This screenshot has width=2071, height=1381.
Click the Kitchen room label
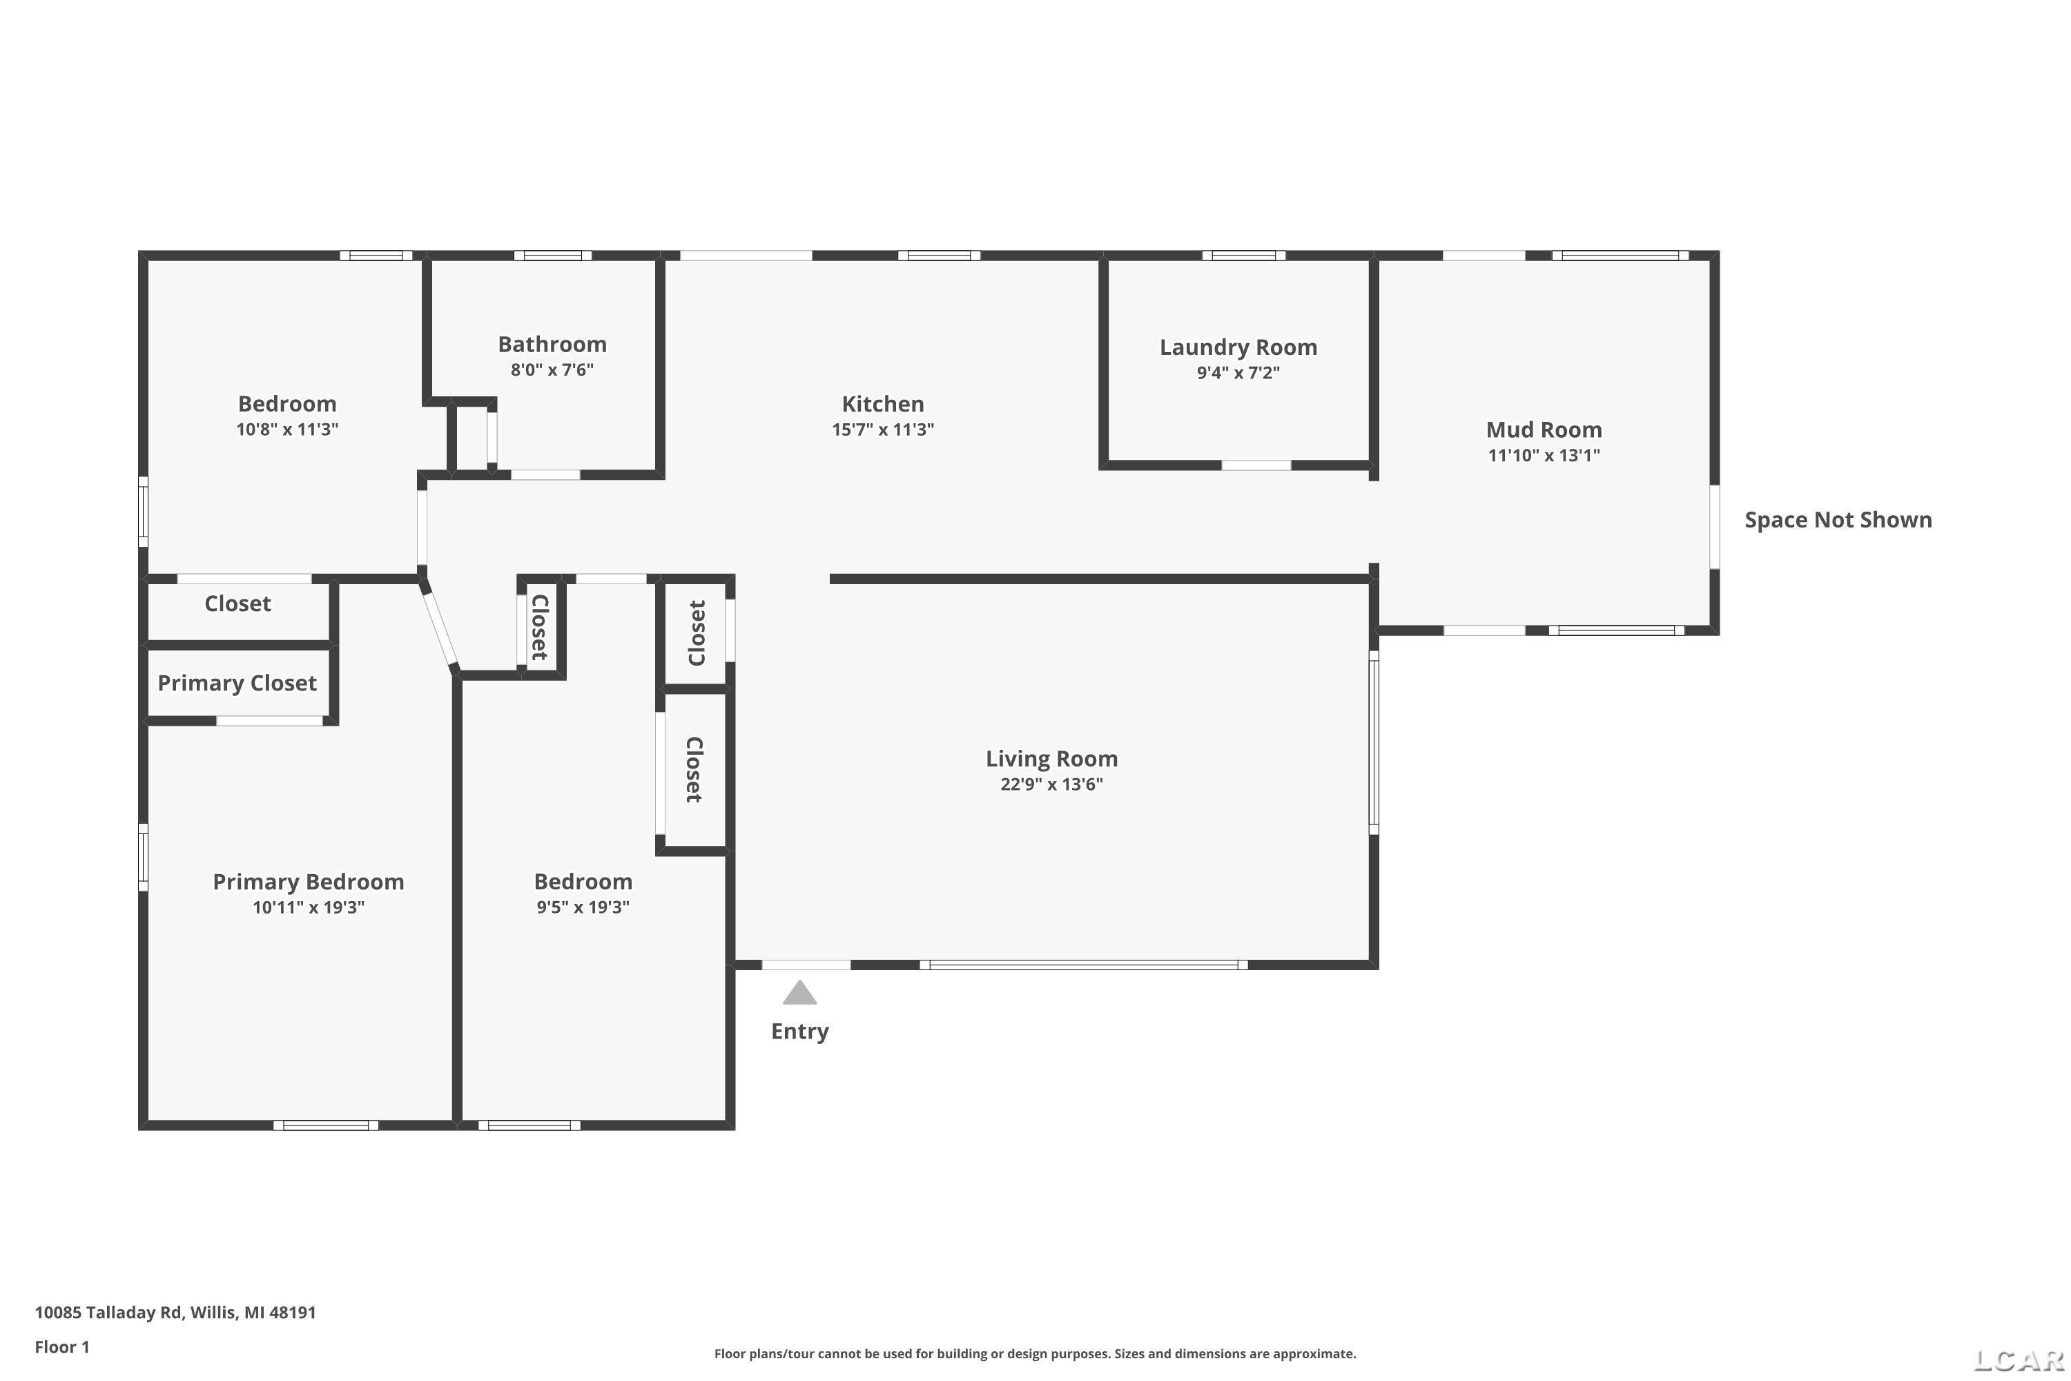882,404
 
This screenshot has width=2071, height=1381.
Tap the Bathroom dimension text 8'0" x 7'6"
552,370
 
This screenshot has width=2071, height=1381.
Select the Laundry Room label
1238,348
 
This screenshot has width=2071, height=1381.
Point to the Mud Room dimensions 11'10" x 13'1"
1544,455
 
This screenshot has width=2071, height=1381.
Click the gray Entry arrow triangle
799,994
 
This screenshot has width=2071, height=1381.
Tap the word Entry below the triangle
799,1032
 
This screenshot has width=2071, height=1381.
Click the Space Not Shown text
1838,520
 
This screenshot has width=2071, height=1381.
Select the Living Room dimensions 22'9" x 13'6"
1051,784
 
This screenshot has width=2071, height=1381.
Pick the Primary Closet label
237,684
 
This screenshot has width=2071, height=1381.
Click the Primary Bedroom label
308,882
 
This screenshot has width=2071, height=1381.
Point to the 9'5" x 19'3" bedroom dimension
583,907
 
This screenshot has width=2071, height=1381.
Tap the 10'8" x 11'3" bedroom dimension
287,429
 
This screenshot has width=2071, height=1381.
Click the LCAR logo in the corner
2020,1361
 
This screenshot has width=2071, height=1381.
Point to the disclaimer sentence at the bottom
1035,1353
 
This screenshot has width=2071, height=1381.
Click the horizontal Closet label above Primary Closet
237,604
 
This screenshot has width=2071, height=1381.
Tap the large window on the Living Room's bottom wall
1084,965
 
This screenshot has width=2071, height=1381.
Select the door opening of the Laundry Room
1256,465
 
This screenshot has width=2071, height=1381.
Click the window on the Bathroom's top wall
553,255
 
